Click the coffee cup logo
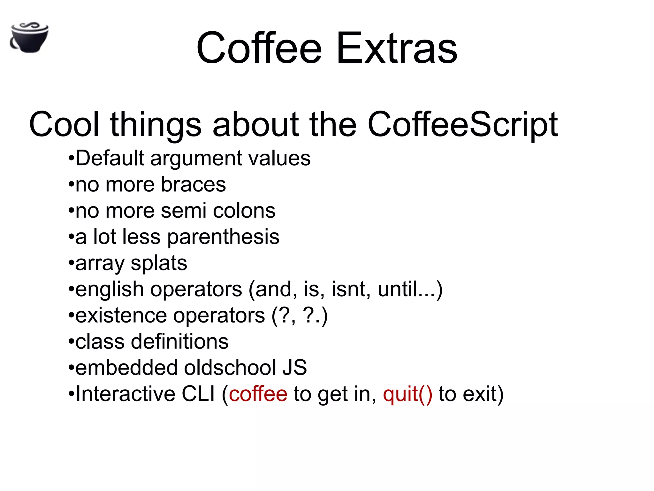click(29, 38)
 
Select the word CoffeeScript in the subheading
click(462, 125)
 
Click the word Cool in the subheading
click(64, 125)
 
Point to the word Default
click(110, 158)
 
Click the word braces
click(194, 184)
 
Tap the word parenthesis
click(223, 237)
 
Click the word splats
click(159, 263)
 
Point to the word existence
click(121, 316)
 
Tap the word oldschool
click(230, 368)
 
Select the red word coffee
click(258, 394)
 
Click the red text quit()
click(407, 394)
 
